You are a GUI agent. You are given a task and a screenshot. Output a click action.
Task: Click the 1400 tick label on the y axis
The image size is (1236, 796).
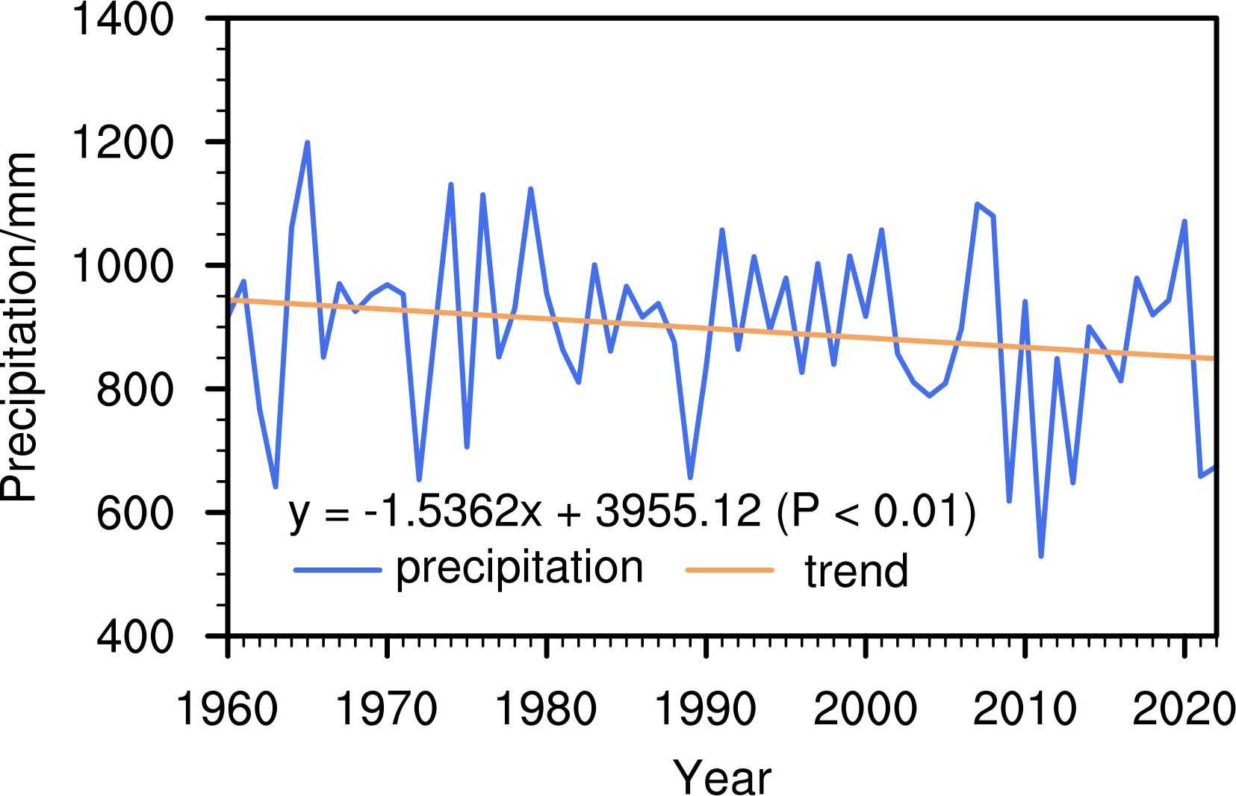tap(121, 19)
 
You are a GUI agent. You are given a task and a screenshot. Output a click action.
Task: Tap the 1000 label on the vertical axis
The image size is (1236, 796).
tap(121, 265)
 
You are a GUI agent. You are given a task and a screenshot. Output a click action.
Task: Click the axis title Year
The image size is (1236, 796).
tap(722, 777)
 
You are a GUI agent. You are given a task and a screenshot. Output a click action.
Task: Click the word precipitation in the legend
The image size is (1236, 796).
tap(519, 569)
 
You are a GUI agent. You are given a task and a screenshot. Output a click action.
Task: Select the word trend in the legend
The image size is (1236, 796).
tap(856, 571)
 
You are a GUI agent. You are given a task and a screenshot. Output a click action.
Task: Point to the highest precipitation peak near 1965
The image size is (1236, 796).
tap(308, 143)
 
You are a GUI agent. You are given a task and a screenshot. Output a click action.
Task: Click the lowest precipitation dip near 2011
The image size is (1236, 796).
tap(1041, 556)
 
